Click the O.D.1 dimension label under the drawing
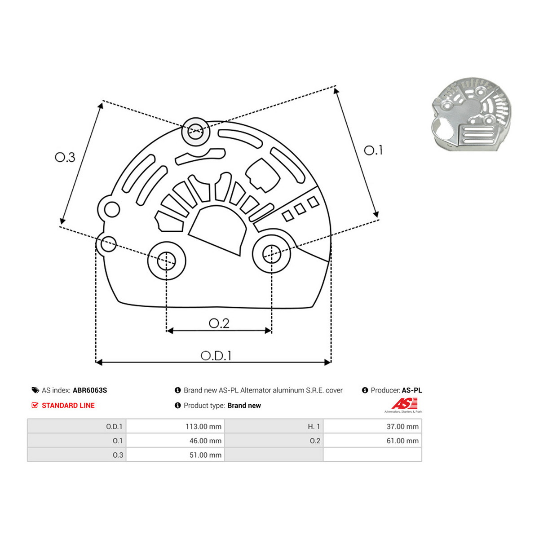pos(216,355)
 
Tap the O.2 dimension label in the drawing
pos(219,323)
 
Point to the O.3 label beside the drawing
pos(65,157)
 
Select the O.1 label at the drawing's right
pos(373,150)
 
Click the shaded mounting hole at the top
pos(196,132)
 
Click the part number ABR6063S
pos(90,390)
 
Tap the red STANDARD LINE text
pos(68,405)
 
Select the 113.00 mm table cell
pos(175,426)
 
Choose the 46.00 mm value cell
pos(175,441)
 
